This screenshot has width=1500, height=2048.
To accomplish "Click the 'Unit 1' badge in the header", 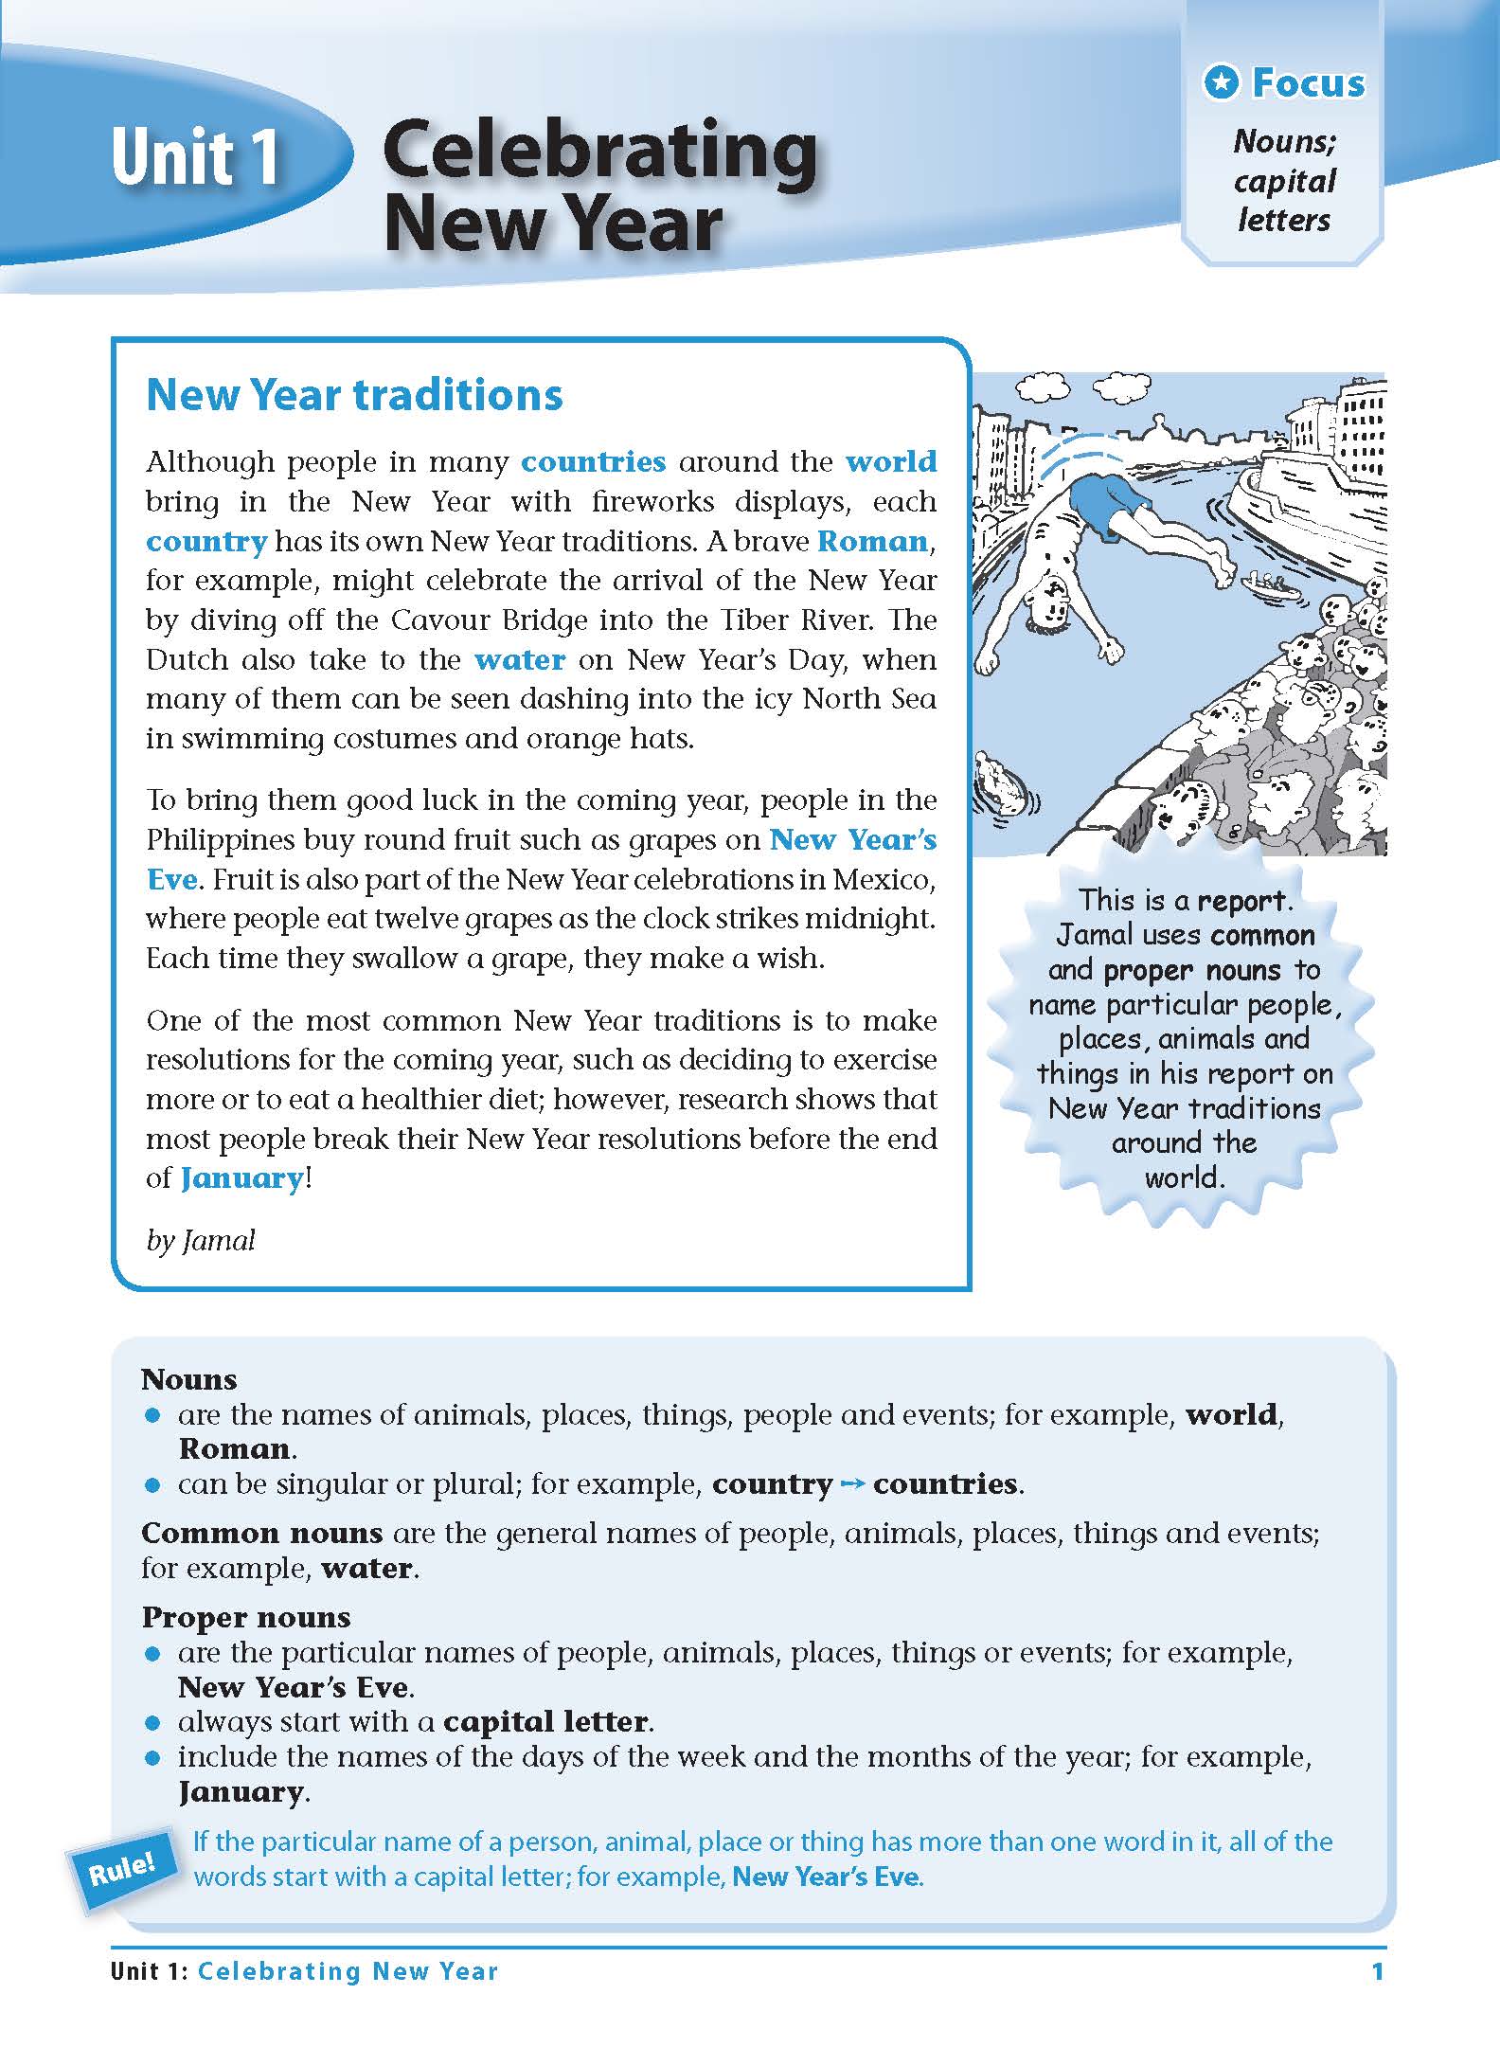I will [x=194, y=156].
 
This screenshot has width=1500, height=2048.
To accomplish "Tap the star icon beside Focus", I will [x=1222, y=83].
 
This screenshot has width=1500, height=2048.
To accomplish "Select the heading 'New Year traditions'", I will [x=354, y=395].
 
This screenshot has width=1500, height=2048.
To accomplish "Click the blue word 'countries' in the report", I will [x=594, y=462].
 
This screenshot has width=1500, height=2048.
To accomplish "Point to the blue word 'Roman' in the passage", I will [x=872, y=542].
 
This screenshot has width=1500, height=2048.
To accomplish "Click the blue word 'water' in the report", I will [x=520, y=660].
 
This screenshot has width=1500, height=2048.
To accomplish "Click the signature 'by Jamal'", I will [x=201, y=1241].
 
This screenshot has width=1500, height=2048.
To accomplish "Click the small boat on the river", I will [x=1270, y=585].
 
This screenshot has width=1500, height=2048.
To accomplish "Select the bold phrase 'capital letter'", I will [x=546, y=1721].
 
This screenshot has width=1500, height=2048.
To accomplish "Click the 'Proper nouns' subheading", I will [x=246, y=1617].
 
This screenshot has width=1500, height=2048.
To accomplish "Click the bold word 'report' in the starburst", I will [x=1241, y=901].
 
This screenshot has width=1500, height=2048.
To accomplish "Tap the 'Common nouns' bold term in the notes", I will [x=261, y=1533].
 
